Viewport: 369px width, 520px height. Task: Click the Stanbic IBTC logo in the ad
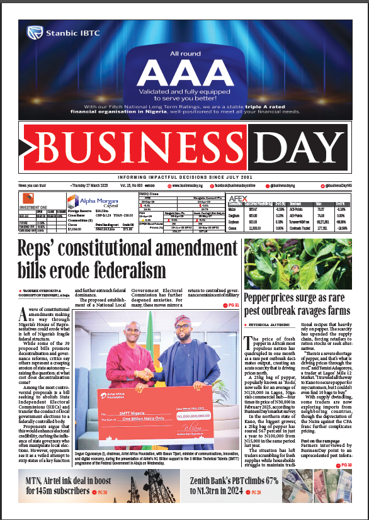[53, 30]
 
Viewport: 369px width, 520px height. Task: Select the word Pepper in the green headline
[262, 298]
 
